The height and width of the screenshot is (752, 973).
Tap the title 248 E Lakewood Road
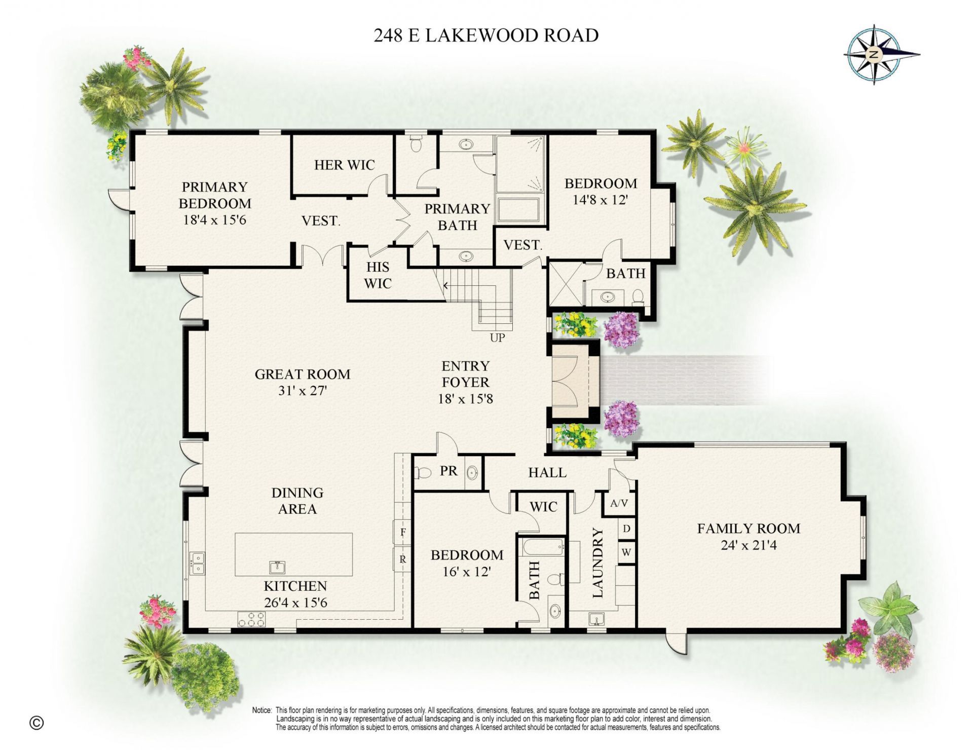(486, 35)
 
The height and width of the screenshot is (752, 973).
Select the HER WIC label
(344, 165)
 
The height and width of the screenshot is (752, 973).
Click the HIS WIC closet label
(378, 275)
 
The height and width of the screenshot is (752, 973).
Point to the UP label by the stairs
(497, 337)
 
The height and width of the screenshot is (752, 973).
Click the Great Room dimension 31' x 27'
(302, 391)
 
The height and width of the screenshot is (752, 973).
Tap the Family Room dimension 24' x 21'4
(749, 545)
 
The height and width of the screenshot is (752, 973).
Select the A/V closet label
(619, 503)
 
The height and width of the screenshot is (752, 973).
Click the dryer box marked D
(626, 529)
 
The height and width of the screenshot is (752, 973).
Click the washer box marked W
(626, 552)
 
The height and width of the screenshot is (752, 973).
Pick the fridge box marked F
(403, 532)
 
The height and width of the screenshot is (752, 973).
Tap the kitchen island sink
(277, 566)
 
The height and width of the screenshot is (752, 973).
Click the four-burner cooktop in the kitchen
(251, 619)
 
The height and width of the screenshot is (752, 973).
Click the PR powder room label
(448, 471)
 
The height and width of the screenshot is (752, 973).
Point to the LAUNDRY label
(598, 563)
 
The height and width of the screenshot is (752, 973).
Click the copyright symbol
(36, 723)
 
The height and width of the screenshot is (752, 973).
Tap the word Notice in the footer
(262, 710)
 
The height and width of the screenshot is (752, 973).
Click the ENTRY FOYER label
(465, 374)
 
